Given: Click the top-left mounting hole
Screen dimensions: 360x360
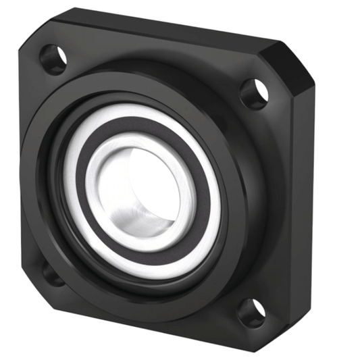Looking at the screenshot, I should click(53, 59).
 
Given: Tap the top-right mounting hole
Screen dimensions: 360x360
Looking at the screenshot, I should click(253, 94).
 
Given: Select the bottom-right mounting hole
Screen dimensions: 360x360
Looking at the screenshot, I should click(251, 311).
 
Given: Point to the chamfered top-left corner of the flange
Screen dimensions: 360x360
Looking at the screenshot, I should click(30, 34).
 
